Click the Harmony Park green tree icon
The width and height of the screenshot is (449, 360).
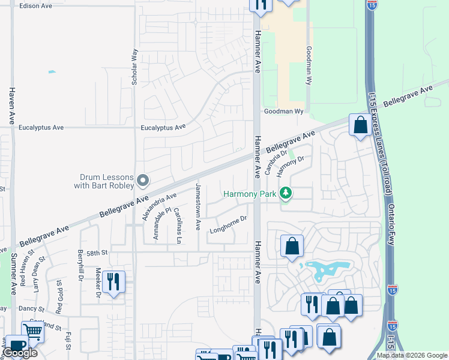[287, 193]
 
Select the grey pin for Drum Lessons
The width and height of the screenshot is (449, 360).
[143, 180]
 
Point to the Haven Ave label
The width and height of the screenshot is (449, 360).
[11, 106]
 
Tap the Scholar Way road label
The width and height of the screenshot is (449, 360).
[134, 66]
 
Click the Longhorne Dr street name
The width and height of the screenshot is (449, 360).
[228, 224]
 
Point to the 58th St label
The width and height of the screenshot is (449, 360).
[95, 253]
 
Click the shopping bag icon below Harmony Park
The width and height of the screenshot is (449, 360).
[292, 245]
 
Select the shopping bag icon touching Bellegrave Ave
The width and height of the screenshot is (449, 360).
[360, 125]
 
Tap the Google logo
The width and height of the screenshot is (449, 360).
[20, 353]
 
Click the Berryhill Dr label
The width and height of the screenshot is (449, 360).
[79, 265]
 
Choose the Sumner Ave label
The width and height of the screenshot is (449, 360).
[13, 274]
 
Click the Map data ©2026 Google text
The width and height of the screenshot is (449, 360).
[412, 355]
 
